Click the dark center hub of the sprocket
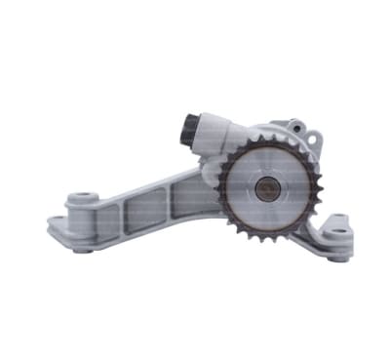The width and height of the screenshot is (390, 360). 265,187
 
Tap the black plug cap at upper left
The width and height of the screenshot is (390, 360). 189,127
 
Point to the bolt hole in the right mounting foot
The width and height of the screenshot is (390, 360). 337,232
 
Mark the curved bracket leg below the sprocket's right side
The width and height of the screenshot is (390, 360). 308,234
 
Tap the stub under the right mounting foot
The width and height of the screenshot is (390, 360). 337,257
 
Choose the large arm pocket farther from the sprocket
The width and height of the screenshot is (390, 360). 136,216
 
